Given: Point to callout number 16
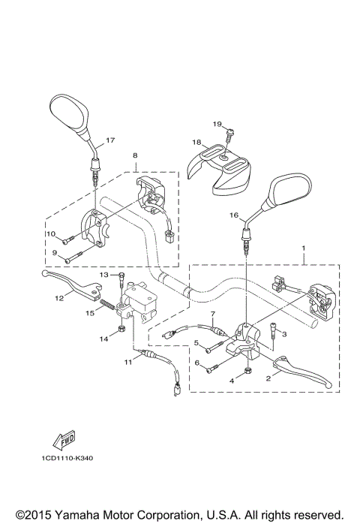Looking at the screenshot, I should pos(233,215).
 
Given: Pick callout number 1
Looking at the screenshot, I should pos(303,247).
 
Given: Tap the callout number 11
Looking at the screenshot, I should pos(128,362).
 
